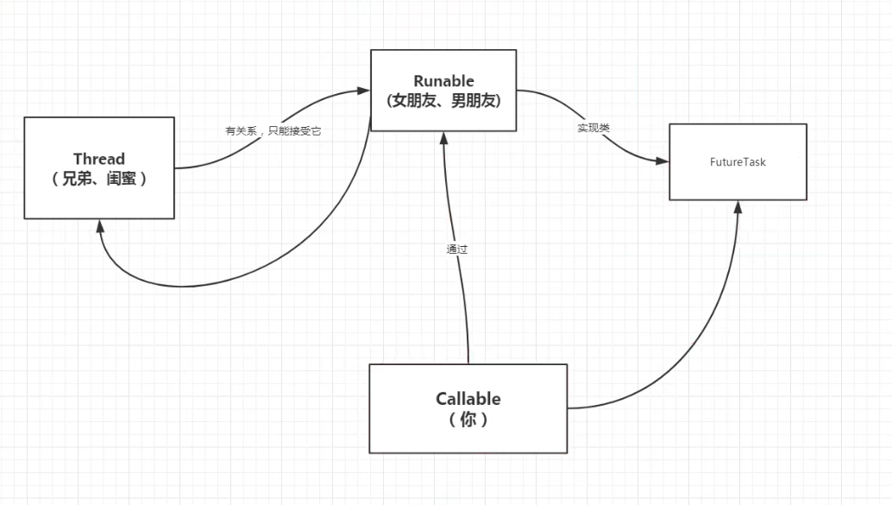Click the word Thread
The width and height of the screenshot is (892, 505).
pyautogui.click(x=99, y=159)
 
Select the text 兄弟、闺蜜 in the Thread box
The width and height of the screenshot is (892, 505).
pyautogui.click(x=99, y=180)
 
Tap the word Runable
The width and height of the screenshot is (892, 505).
pyautogui.click(x=443, y=81)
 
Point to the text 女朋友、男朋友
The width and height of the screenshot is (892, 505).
pyautogui.click(x=443, y=100)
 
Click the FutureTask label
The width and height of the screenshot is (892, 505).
pyautogui.click(x=738, y=161)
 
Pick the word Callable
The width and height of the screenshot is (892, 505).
pyautogui.click(x=468, y=399)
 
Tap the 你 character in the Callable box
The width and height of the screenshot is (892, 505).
pyautogui.click(x=468, y=420)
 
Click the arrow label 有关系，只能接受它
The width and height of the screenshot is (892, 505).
pyautogui.click(x=273, y=131)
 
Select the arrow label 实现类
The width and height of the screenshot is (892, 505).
pyautogui.click(x=594, y=128)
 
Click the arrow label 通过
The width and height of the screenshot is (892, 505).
pyautogui.click(x=457, y=249)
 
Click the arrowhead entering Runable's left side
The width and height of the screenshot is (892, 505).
pyautogui.click(x=364, y=89)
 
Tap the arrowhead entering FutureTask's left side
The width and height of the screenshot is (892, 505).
pyautogui.click(x=663, y=161)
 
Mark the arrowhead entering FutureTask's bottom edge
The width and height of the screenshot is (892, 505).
pyautogui.click(x=738, y=207)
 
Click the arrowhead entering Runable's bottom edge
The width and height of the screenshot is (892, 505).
pyautogui.click(x=443, y=139)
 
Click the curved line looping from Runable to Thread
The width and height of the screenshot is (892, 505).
pyautogui.click(x=259, y=272)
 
